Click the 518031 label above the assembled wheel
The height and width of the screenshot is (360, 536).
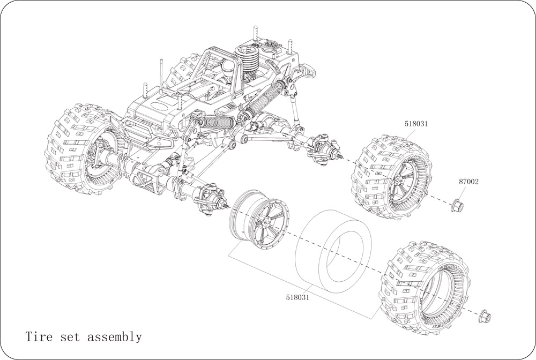416,124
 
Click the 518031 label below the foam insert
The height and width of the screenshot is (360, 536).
297,297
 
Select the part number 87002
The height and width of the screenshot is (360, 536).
468,182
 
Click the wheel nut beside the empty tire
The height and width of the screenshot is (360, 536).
485,316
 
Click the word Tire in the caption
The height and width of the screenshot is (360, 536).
39,337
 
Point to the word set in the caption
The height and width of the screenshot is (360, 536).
70,337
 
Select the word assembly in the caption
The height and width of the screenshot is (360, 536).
115,337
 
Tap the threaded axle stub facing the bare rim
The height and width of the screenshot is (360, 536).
227,206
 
